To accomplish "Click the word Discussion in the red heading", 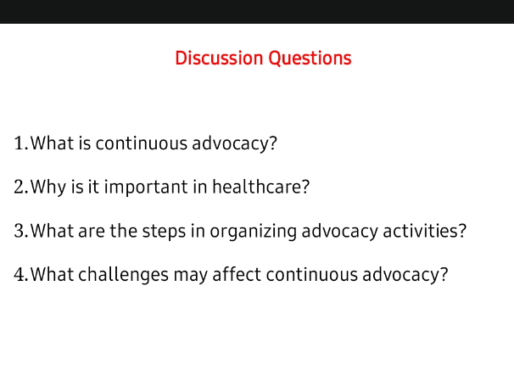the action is click(219, 58).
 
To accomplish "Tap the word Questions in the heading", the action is click(310, 59).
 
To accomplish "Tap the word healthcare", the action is click(257, 187).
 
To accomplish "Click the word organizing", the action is click(253, 232).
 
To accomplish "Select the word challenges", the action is click(123, 275).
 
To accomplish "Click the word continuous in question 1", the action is click(142, 143).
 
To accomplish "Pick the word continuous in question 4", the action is click(312, 275).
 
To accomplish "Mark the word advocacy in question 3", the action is click(339, 232).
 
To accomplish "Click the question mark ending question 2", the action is click(305, 187).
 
